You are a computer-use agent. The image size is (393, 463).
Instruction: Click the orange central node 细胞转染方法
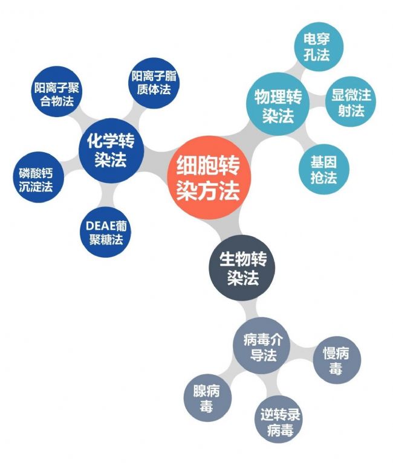[209, 177]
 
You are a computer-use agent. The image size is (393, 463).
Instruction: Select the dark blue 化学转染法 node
[111, 150]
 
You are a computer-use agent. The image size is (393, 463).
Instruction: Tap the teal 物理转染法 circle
[278, 104]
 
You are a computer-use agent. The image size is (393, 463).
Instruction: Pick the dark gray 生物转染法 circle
[242, 268]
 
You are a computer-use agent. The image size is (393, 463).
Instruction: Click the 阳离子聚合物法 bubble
[56, 91]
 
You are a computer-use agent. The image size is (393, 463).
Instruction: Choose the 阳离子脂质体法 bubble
[154, 83]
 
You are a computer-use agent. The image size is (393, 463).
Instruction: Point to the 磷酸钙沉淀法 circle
[39, 177]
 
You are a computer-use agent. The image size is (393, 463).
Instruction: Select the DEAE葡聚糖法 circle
[106, 232]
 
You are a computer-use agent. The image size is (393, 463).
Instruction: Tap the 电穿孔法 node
[319, 46]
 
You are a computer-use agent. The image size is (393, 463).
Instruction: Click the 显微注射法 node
[351, 102]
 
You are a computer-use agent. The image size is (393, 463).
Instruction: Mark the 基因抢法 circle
[324, 169]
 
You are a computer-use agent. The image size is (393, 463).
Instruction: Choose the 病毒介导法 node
[262, 345]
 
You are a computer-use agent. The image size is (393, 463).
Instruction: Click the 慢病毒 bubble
[337, 360]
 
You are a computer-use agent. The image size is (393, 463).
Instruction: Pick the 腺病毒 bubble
[207, 398]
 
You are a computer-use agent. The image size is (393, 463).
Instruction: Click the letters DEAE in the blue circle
[100, 226]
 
